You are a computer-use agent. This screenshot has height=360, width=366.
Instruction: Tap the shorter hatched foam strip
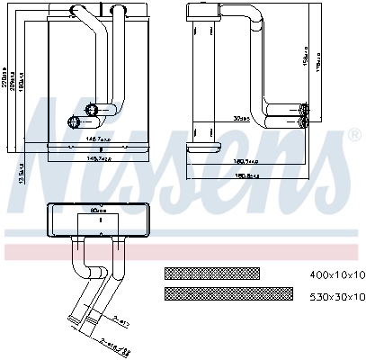(x=211, y=274)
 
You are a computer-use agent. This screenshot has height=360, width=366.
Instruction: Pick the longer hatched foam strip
(x=228, y=294)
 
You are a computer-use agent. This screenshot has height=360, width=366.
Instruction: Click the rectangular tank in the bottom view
(x=100, y=219)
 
